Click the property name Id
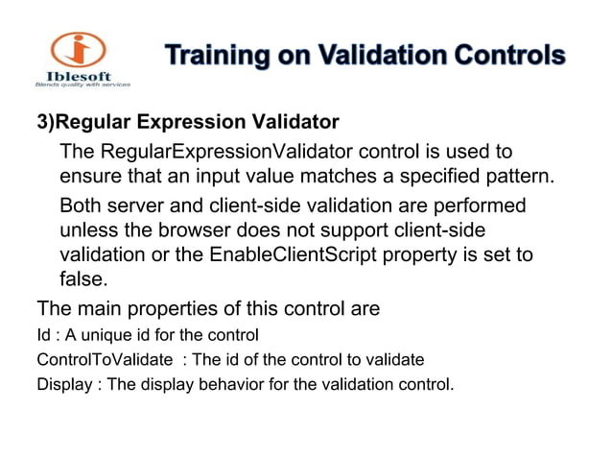pos(42,335)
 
